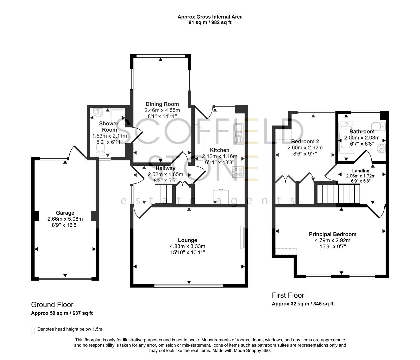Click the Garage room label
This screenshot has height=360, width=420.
[x=65, y=213]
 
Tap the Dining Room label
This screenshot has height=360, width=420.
[x=162, y=104]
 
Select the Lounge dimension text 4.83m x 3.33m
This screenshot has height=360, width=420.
[x=187, y=246]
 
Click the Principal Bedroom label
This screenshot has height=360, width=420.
[x=332, y=234]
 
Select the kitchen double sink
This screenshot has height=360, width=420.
[x=239, y=133]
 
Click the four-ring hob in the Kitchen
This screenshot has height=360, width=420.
[x=238, y=172]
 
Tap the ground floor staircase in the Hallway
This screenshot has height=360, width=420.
[x=163, y=194]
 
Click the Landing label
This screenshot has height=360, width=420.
[x=361, y=171]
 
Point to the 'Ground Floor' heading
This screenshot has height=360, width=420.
[x=52, y=304]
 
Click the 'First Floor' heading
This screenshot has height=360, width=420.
[x=288, y=295]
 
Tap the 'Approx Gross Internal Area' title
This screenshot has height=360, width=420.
[x=210, y=17]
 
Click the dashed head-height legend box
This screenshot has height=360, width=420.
[x=33, y=330]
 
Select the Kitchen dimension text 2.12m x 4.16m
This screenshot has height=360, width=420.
[x=219, y=156]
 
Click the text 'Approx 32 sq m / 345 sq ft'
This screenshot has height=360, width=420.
[x=302, y=304]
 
